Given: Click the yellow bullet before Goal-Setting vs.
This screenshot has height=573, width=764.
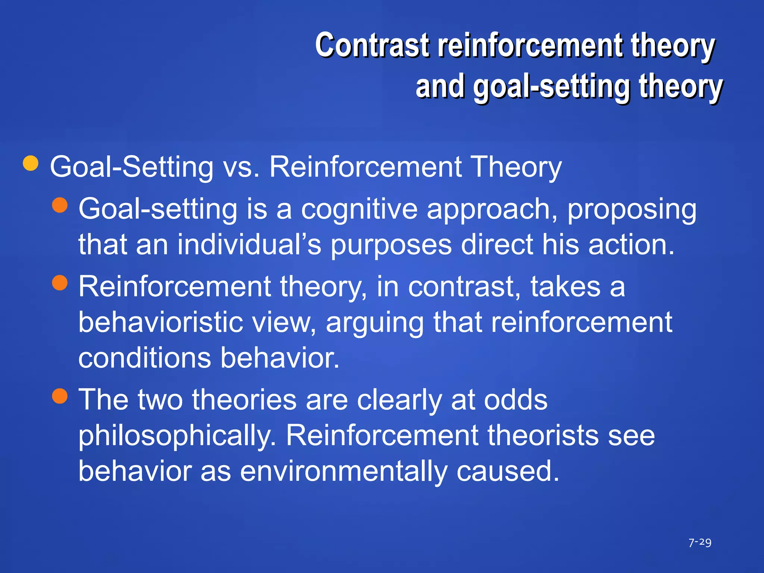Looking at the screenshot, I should (x=31, y=163).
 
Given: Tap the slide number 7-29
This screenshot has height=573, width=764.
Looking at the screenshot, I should (x=700, y=542).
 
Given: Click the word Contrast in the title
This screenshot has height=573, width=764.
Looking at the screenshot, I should (x=372, y=45).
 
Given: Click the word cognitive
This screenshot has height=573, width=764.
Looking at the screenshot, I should (x=359, y=209).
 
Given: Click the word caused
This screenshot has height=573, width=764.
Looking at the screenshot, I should (x=508, y=471).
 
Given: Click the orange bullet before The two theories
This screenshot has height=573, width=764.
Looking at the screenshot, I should (x=60, y=396).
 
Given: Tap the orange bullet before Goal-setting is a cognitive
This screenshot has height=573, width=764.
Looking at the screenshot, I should (x=60, y=205).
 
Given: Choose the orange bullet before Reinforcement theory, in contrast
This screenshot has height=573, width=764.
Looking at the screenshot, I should (x=60, y=283).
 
